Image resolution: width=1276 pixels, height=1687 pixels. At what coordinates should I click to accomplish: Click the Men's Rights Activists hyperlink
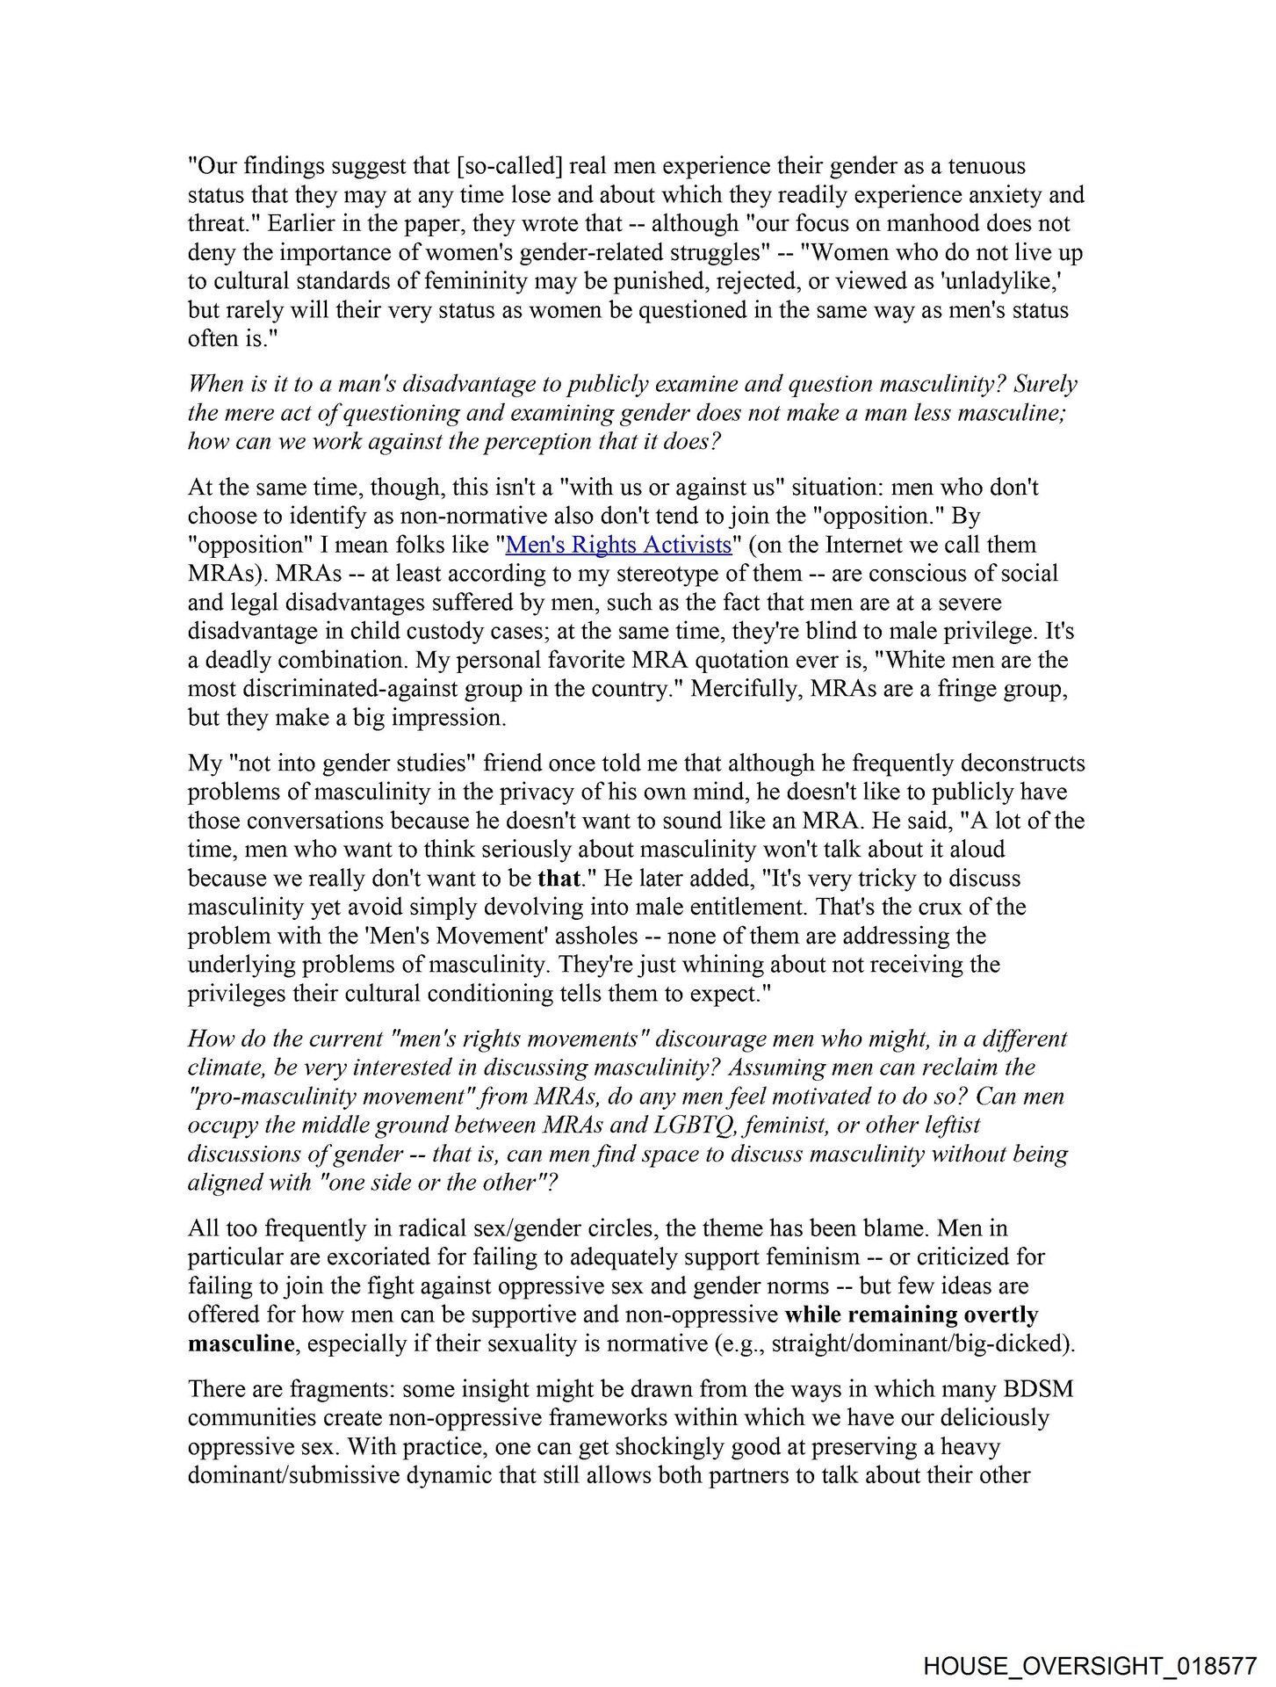[618, 545]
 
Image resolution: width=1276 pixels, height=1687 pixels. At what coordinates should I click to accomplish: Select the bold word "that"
[559, 878]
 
